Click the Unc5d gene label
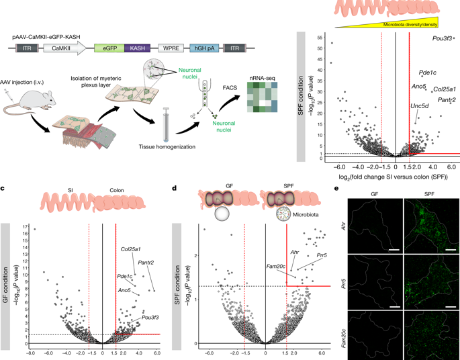420,105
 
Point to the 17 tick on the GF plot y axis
25,228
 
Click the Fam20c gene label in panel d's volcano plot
278,268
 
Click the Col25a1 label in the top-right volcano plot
445,89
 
